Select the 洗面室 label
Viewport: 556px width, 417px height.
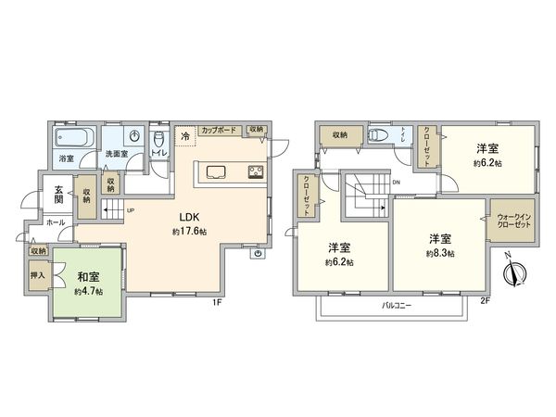pos(116,154)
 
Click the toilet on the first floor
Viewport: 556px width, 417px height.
pos(158,137)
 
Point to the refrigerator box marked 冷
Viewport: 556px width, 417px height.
pos(184,137)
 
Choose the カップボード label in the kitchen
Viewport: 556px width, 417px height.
pos(221,129)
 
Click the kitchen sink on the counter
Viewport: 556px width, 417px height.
pos(216,171)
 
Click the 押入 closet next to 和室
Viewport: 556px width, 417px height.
pos(38,276)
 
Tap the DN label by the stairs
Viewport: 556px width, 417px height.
pos(397,183)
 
